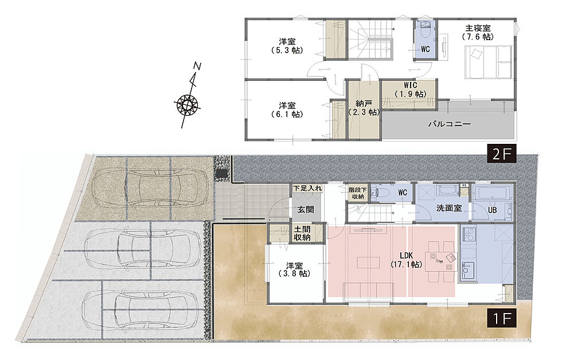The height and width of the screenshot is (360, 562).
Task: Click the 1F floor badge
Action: point(501,318)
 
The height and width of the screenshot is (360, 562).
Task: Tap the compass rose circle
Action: point(187,104)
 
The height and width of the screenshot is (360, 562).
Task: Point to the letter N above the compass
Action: point(197,66)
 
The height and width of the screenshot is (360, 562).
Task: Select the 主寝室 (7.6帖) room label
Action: point(478,32)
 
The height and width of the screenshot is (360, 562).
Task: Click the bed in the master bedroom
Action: point(489,61)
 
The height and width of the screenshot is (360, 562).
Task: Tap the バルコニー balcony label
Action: point(450,124)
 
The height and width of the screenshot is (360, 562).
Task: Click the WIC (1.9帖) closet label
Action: point(411,89)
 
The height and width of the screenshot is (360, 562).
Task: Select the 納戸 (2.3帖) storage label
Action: point(364,108)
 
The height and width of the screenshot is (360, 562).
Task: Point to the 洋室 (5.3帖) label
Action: point(287,46)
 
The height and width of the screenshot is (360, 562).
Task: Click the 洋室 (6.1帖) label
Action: point(287,110)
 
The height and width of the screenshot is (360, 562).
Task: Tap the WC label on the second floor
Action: point(426,49)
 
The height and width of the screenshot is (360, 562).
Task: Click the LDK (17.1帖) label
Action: point(406,260)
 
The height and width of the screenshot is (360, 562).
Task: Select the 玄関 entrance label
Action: point(306,210)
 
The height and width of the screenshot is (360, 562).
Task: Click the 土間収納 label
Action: point(302,233)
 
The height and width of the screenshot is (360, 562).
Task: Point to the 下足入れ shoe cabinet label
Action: point(307,188)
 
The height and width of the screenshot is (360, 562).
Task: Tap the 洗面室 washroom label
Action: point(448,208)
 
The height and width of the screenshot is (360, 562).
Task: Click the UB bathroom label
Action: point(493,210)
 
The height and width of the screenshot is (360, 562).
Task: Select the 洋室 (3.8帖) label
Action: point(294,270)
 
